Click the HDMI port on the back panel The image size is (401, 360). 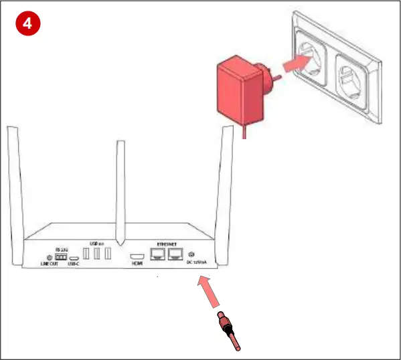click(x=137, y=257)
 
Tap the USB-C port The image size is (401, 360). click(x=74, y=258)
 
